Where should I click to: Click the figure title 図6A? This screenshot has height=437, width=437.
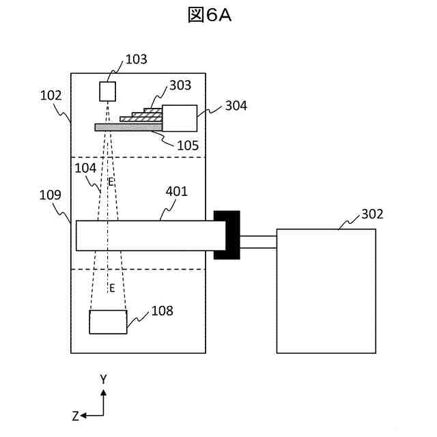[210, 16]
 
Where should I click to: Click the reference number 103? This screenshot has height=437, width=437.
[137, 59]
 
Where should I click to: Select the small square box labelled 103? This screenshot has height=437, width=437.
[109, 91]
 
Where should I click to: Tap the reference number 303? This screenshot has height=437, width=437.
[180, 85]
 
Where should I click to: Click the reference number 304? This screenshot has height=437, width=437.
[236, 106]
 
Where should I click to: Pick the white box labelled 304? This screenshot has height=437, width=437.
[180, 117]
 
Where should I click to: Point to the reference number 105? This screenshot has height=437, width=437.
[188, 145]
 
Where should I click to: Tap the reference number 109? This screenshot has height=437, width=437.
[51, 195]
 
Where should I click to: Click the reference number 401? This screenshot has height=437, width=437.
[177, 192]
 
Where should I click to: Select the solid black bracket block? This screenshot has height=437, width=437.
[227, 235]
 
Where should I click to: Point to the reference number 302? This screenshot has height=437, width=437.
[372, 214]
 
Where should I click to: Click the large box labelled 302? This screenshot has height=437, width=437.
[326, 291]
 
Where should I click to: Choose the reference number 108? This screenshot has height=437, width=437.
[163, 311]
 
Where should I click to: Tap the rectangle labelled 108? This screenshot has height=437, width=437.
[108, 322]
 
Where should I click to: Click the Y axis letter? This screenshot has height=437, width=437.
[103, 379]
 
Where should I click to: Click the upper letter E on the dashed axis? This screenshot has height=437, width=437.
[111, 182]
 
